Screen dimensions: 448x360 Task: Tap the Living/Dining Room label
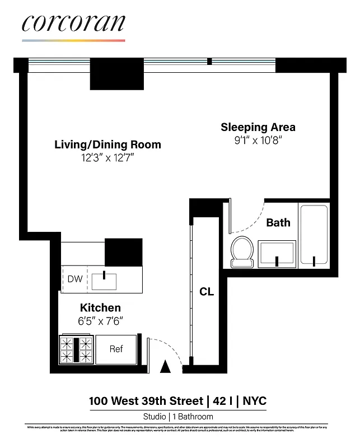(x=107, y=144)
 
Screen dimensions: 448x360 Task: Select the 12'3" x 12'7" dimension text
(x=107, y=158)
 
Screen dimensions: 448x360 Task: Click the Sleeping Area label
(x=258, y=127)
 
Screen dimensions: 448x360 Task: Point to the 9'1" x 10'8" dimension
(x=258, y=141)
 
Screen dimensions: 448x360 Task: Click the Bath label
(x=278, y=222)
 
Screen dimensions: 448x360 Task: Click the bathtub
(x=314, y=235)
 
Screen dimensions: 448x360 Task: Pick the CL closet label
(x=207, y=292)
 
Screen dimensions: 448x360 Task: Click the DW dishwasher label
(x=74, y=279)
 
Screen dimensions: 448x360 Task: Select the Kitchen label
(x=100, y=307)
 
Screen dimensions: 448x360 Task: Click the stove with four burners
(x=76, y=350)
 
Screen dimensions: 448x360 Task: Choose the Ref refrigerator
(x=116, y=349)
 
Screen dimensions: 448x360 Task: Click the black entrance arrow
(x=165, y=367)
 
